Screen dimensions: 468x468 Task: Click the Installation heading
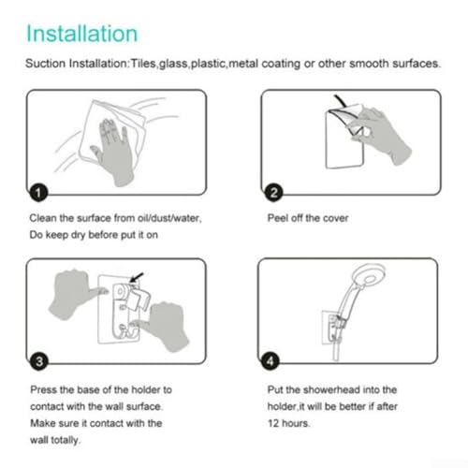pyautogui.click(x=81, y=34)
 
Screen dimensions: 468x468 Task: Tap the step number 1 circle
pyautogui.click(x=38, y=193)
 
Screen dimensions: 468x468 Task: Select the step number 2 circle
pyautogui.click(x=273, y=193)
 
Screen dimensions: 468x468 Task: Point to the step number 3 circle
pyautogui.click(x=39, y=361)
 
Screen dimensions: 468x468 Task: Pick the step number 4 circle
pyautogui.click(x=270, y=361)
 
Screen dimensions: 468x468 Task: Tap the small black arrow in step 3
pyautogui.click(x=137, y=277)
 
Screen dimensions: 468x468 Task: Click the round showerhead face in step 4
pyautogui.click(x=368, y=278)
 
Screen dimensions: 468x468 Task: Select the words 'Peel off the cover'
pyautogui.click(x=308, y=218)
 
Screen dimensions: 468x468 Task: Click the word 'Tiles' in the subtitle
pyautogui.click(x=143, y=64)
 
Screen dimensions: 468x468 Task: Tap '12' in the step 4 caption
pyautogui.click(x=273, y=423)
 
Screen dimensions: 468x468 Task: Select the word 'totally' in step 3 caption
pyautogui.click(x=66, y=440)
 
